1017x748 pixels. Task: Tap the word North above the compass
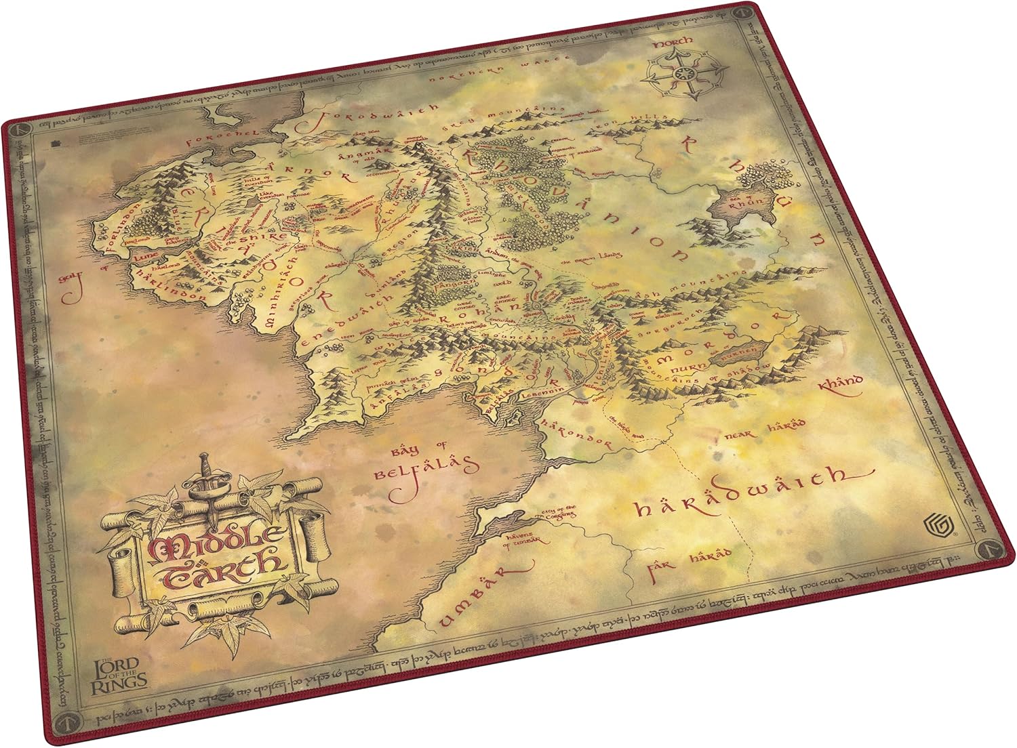pos(673,42)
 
